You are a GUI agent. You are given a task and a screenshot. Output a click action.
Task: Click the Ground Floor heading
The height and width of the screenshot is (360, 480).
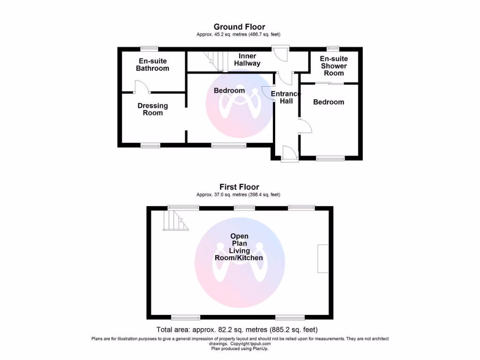[239, 27]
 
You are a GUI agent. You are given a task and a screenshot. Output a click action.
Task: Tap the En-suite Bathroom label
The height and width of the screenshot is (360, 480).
[152, 65]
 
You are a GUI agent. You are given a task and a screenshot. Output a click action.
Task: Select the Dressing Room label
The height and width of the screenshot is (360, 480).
[153, 109]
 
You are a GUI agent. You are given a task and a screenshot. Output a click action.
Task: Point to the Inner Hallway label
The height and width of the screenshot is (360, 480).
[247, 60]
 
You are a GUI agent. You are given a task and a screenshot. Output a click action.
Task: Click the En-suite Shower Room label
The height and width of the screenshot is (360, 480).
[334, 66]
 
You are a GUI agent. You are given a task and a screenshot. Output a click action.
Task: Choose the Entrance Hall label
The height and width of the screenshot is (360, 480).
[285, 97]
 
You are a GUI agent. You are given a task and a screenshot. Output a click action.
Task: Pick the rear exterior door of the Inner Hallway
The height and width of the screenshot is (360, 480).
[281, 53]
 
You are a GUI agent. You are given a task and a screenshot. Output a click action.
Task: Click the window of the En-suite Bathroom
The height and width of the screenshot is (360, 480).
[150, 48]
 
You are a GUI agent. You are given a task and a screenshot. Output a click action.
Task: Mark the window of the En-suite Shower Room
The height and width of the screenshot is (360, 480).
[333, 48]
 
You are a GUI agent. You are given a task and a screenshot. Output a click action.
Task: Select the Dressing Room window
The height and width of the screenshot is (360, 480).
[150, 146]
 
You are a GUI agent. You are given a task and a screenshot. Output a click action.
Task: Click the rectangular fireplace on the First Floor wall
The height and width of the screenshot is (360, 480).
[322, 258]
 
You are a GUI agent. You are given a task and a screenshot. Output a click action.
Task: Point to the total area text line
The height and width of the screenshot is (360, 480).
[240, 330]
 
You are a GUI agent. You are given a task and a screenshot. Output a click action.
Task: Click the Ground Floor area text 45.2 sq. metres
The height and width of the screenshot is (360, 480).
[239, 35]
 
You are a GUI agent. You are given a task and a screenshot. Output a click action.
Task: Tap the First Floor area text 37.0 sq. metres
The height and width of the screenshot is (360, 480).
[239, 195]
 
